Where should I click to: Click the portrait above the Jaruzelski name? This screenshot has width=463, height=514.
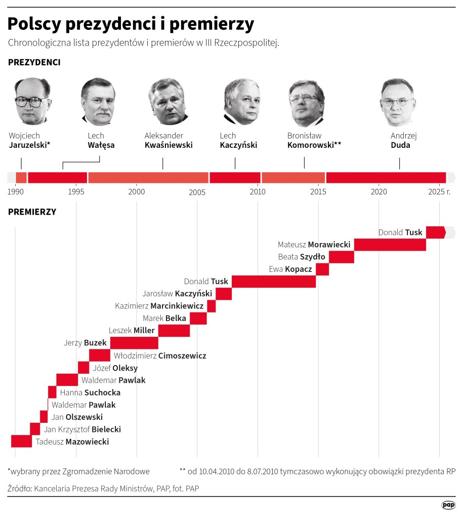click(33, 101)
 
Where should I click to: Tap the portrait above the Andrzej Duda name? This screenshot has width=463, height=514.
click(397, 102)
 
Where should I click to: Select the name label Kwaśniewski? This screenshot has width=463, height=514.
click(169, 145)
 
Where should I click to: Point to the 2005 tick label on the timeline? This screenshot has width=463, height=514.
click(197, 192)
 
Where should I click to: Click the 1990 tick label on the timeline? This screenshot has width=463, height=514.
click(15, 192)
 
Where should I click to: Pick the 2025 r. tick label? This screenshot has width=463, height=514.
click(439, 192)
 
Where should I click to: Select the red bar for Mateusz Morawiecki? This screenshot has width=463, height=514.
click(390, 245)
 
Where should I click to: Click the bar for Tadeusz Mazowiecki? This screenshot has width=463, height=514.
click(21, 441)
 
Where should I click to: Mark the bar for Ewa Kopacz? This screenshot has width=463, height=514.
click(322, 269)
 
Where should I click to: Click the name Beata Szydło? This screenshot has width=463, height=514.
click(302, 257)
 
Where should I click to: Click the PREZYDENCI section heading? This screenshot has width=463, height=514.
click(34, 62)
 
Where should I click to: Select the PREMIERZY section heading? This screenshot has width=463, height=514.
click(32, 212)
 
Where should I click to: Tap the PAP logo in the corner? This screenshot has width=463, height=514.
click(448, 504)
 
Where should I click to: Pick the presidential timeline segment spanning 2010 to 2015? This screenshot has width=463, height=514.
click(293, 178)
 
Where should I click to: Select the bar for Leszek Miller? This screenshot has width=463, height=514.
click(174, 331)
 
